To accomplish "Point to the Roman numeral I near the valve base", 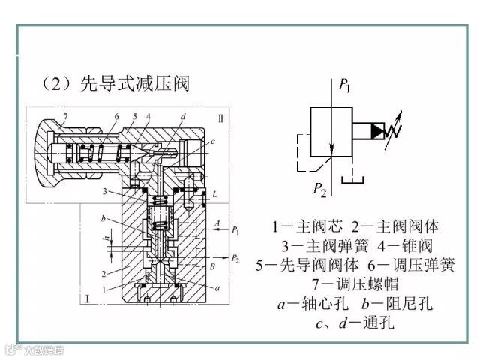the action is [88, 300].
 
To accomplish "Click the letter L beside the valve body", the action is [215, 194].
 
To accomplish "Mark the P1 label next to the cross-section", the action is [235, 230].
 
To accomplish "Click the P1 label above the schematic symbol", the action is [345, 85].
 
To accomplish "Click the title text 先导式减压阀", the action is [134, 83].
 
